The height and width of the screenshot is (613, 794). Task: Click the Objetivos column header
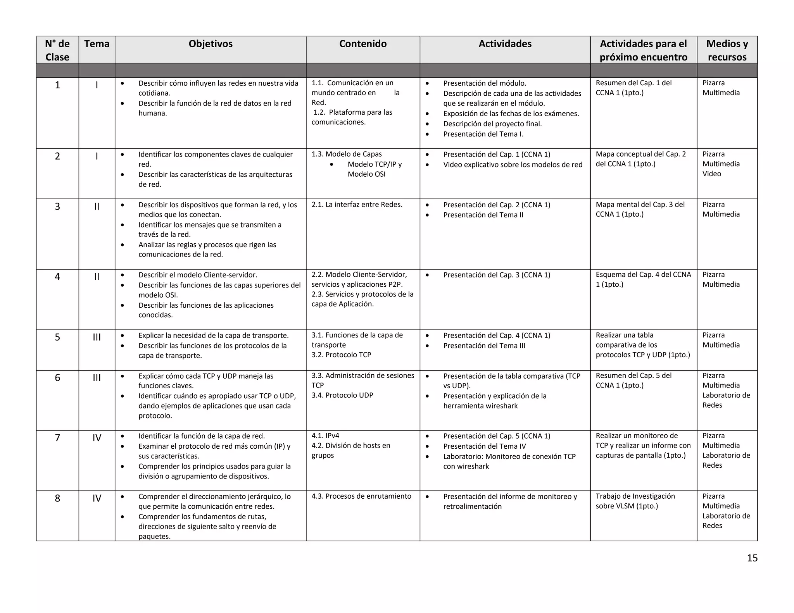pyautogui.click(x=211, y=44)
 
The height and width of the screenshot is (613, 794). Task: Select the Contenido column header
pyautogui.click(x=363, y=44)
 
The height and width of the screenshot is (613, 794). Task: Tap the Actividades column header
pyautogui.click(x=505, y=44)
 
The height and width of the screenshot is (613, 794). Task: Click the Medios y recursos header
pyautogui.click(x=727, y=50)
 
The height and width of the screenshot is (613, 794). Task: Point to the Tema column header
pyautogui.click(x=97, y=44)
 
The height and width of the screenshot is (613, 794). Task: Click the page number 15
pyautogui.click(x=752, y=558)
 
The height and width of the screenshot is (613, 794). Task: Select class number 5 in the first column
pyautogui.click(x=57, y=337)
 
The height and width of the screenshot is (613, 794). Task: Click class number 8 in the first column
pyautogui.click(x=57, y=498)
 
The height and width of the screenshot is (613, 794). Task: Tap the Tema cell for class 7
pyautogui.click(x=97, y=438)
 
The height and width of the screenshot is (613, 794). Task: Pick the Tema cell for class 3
pyautogui.click(x=97, y=207)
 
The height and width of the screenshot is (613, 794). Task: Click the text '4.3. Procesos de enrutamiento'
pyautogui.click(x=361, y=496)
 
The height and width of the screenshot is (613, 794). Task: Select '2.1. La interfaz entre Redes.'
pyautogui.click(x=357, y=205)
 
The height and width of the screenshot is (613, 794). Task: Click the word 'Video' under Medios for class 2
pyautogui.click(x=712, y=174)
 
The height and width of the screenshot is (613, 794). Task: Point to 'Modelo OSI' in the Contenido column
pyautogui.click(x=366, y=174)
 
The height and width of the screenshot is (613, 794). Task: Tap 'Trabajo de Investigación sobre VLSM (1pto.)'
pyautogui.click(x=635, y=501)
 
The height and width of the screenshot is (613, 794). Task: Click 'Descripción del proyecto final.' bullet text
pyautogui.click(x=492, y=124)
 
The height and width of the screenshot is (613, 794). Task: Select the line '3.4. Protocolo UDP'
pyautogui.click(x=342, y=395)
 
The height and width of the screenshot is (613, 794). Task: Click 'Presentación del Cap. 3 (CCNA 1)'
pyautogui.click(x=497, y=275)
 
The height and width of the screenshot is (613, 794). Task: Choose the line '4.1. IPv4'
pyautogui.click(x=325, y=436)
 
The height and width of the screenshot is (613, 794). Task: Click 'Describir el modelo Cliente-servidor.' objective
pyautogui.click(x=198, y=275)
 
